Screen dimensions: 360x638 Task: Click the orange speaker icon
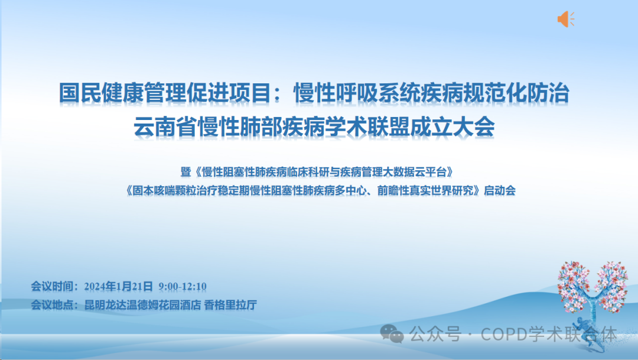(x=565, y=19)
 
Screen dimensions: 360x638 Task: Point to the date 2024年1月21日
(x=119, y=287)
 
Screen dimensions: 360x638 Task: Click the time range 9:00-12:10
(x=183, y=287)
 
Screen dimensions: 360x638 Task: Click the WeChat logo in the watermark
(x=392, y=335)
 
